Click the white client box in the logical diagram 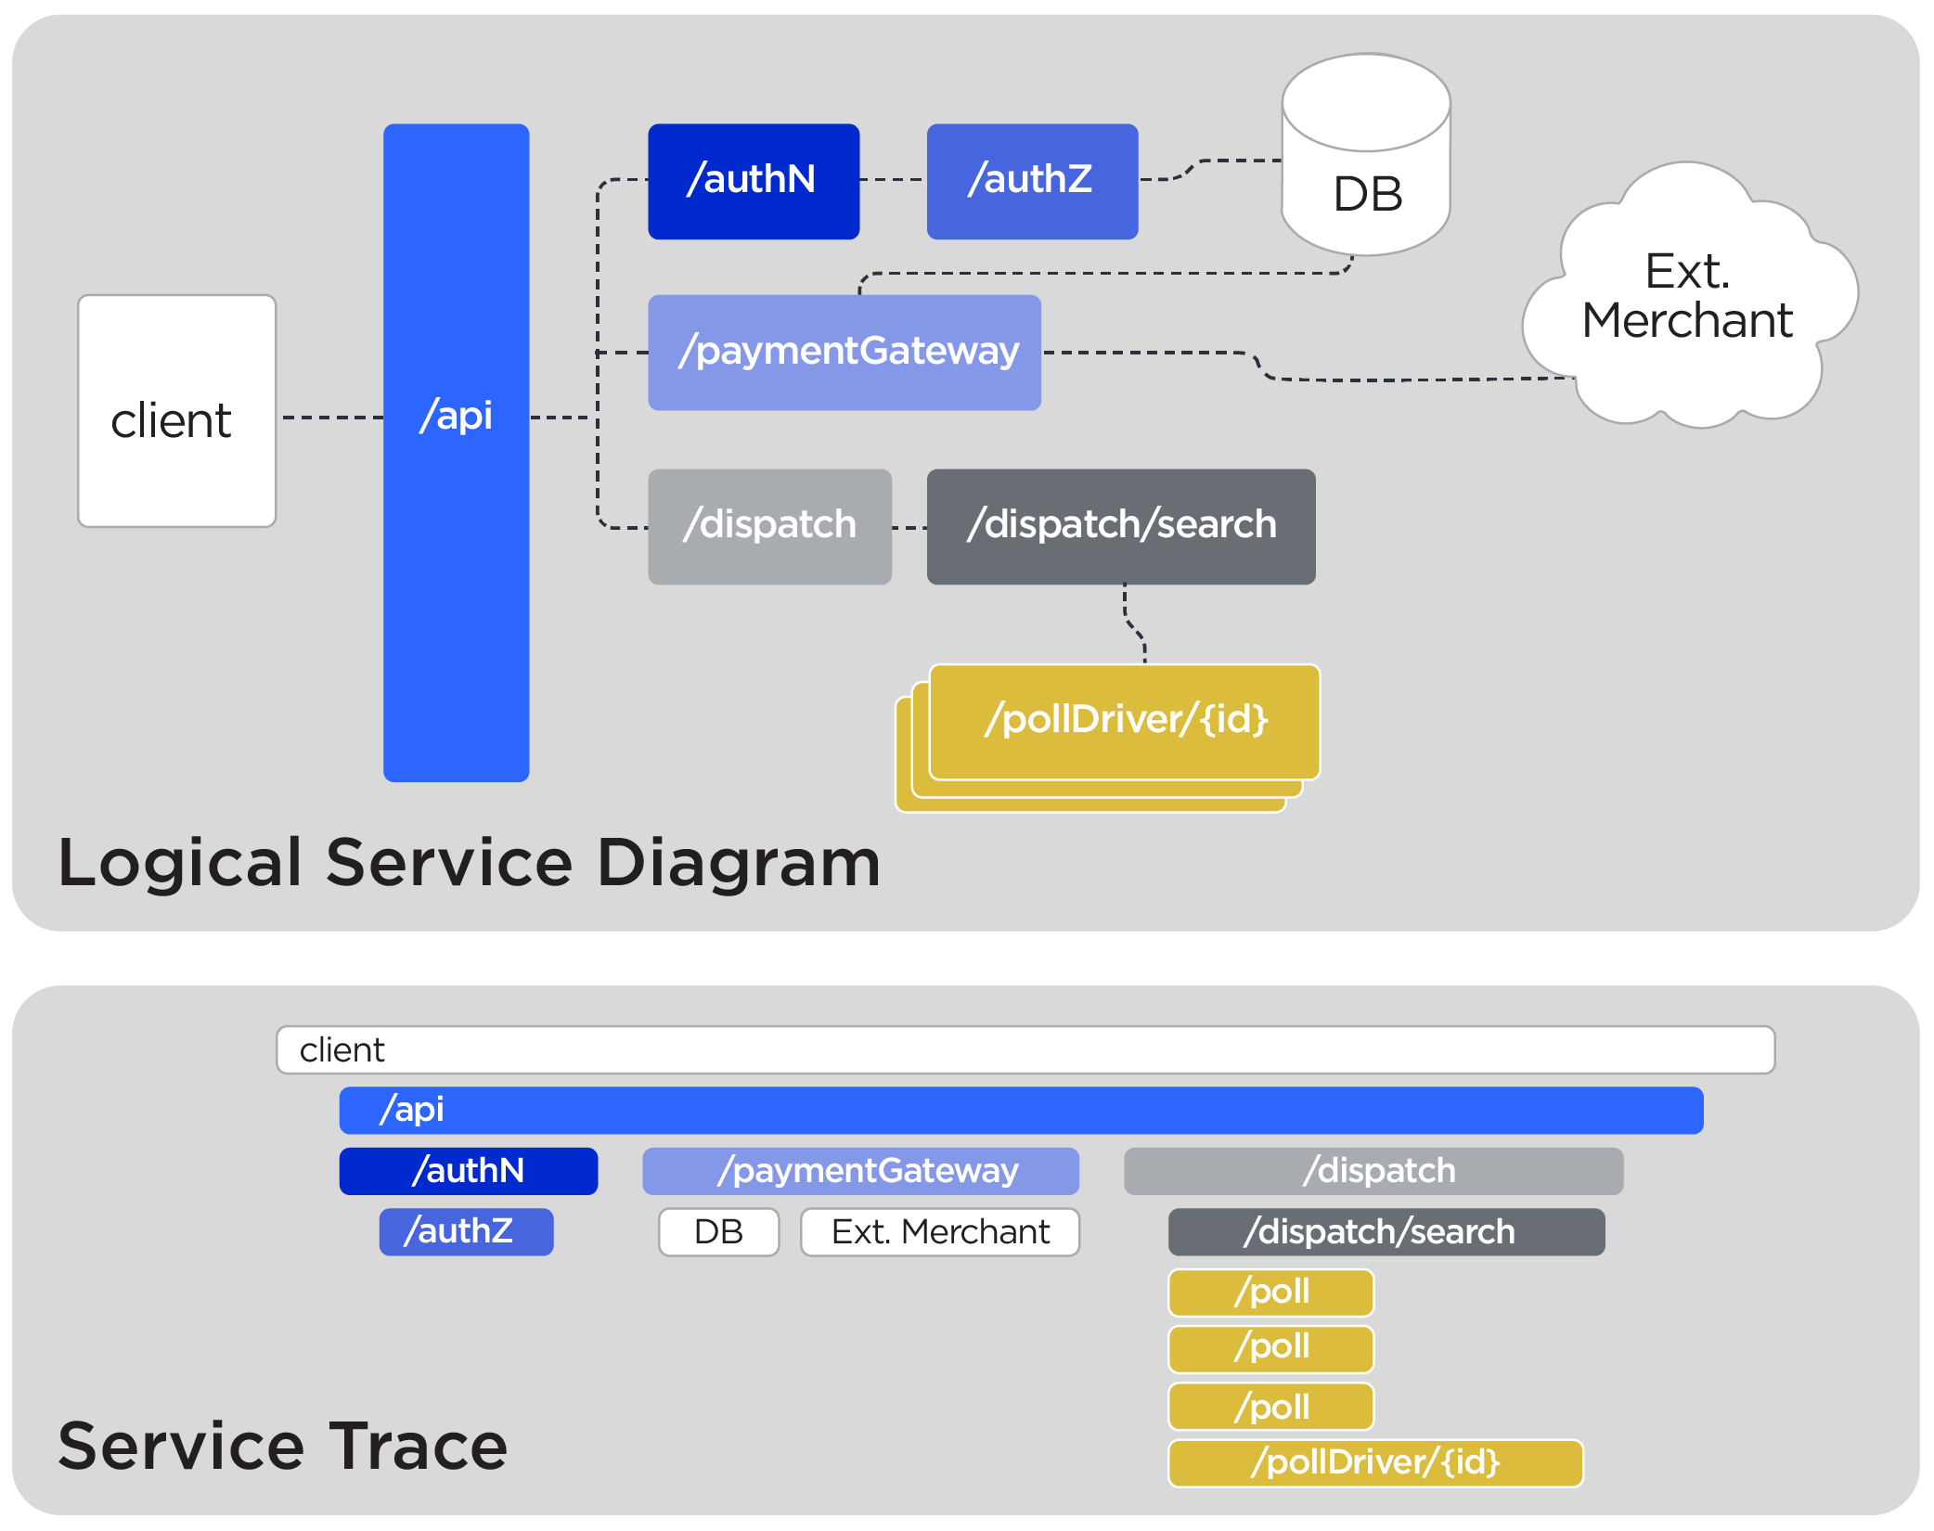coord(176,411)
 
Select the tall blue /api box coord(456,557)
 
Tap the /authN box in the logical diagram coord(753,181)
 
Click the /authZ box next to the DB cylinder coord(1031,181)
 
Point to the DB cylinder coord(1365,186)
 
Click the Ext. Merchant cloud coord(1686,297)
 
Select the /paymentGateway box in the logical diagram coord(844,353)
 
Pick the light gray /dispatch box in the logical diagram coord(768,526)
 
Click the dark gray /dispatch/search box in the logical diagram coord(1120,526)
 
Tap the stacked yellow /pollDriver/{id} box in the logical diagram coord(1124,721)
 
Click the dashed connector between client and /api coord(330,418)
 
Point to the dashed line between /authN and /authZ coord(892,180)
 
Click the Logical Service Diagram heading coord(469,863)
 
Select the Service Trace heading coord(282,1446)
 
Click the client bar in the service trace coord(1025,1049)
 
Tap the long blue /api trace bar coord(1021,1110)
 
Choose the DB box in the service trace coord(718,1231)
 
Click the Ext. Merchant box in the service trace coord(939,1231)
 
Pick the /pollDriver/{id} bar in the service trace coord(1374,1462)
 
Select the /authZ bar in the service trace coord(466,1231)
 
